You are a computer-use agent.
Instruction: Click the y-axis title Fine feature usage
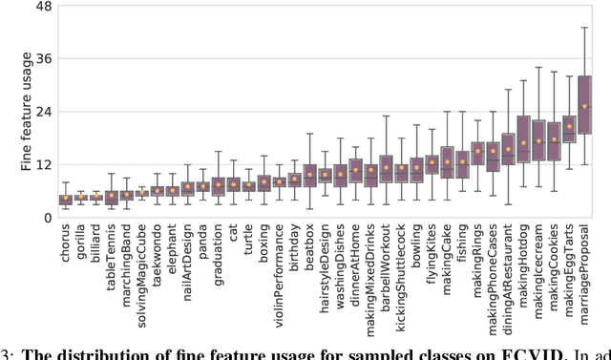(27, 113)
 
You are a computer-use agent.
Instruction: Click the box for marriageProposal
(584, 104)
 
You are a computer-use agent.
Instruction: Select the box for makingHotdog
(523, 138)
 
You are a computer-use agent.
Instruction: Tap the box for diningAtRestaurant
(508, 149)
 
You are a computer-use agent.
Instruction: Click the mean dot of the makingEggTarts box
(569, 126)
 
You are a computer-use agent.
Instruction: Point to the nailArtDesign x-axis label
(188, 257)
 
